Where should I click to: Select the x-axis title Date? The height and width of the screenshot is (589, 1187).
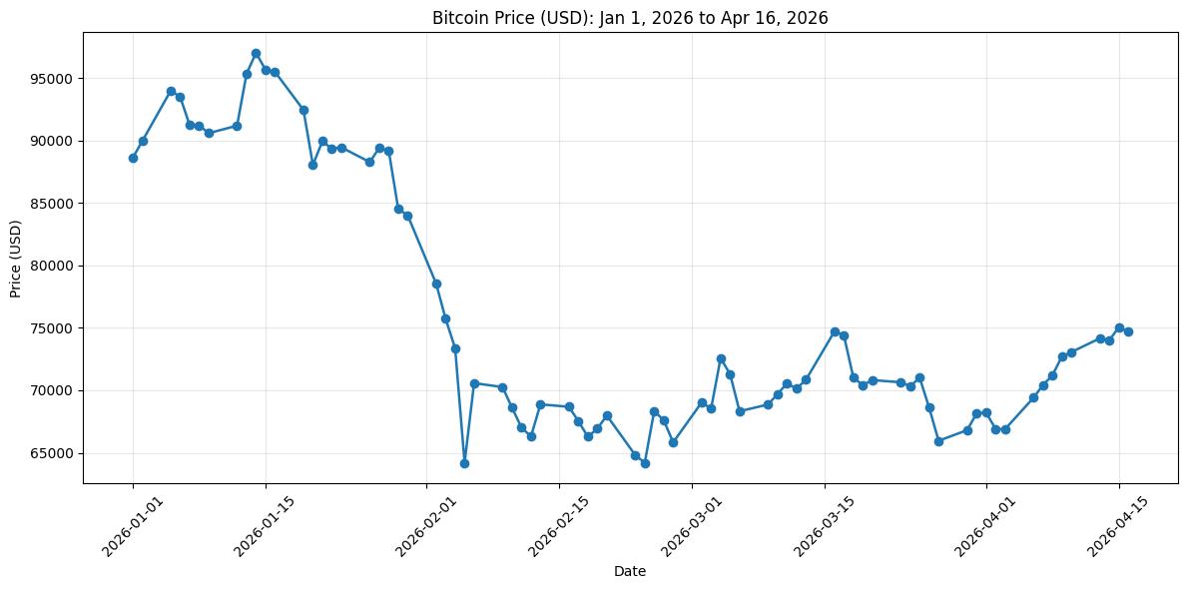630,572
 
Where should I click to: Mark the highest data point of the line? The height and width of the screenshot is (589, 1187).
256,53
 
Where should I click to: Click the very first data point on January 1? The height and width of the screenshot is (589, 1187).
133,158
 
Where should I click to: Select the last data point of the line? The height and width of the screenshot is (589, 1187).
1128,331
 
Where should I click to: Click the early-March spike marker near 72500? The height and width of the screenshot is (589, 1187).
721,358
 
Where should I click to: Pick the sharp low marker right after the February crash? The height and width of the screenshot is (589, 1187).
464,463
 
